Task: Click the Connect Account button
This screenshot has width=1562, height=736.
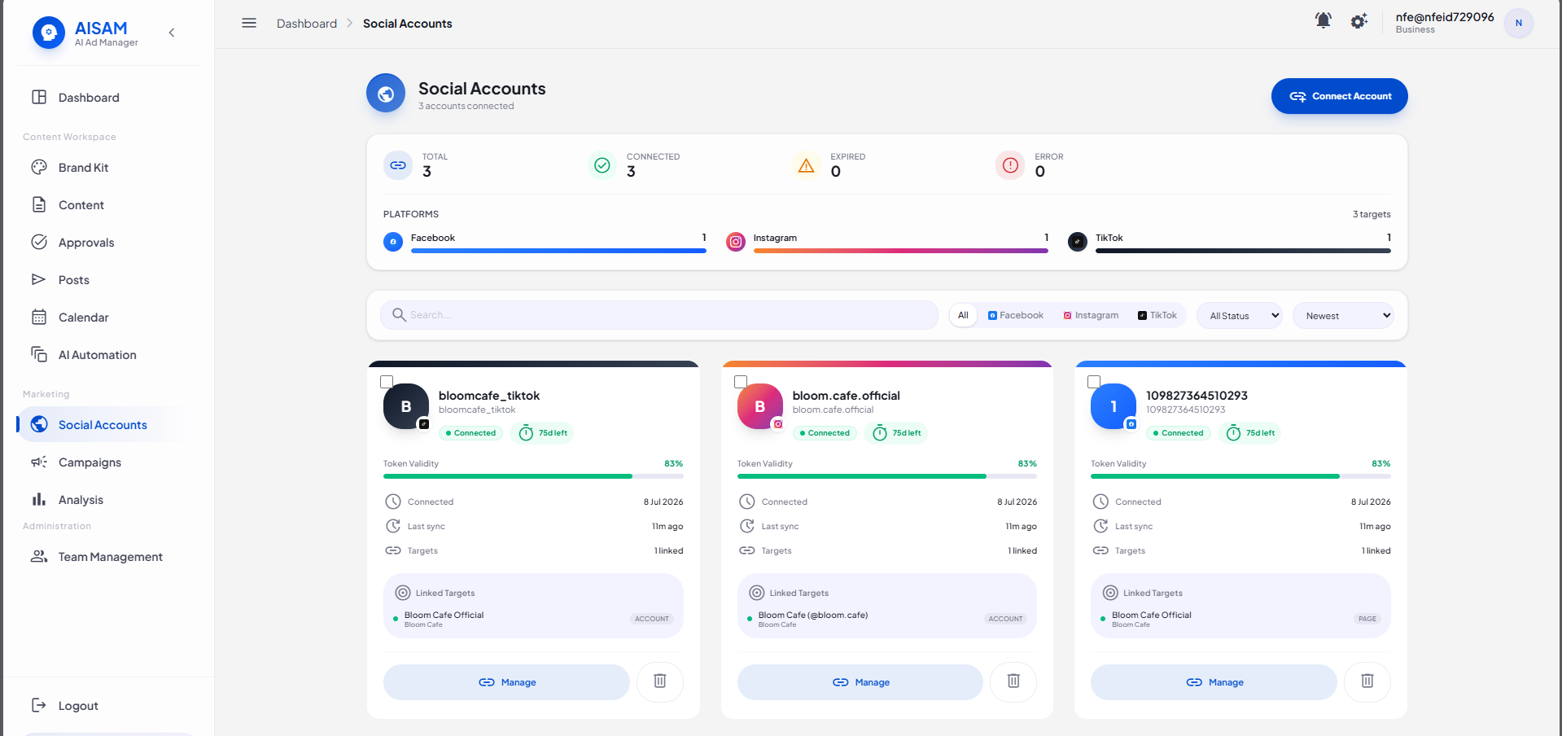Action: tap(1339, 96)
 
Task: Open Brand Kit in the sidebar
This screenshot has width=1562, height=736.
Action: tap(83, 168)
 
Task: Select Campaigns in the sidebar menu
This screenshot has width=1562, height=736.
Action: tap(90, 462)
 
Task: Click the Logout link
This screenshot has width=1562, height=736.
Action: tap(78, 706)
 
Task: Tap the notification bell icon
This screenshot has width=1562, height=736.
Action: tap(1324, 20)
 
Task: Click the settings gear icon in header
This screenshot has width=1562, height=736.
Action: tap(1359, 21)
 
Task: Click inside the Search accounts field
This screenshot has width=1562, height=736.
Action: tap(659, 315)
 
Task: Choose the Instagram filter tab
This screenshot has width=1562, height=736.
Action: tap(1091, 315)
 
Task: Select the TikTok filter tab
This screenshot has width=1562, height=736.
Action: tap(1157, 315)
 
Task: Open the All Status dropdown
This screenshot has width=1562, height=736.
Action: tap(1239, 316)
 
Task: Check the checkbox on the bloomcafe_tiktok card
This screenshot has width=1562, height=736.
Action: tap(387, 382)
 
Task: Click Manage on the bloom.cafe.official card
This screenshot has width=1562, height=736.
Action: tap(860, 682)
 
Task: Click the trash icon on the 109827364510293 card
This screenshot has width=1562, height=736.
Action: tap(1367, 681)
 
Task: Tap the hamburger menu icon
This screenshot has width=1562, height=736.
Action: tap(249, 23)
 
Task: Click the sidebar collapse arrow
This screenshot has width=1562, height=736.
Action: tap(172, 33)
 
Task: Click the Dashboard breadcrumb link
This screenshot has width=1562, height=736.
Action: tap(307, 24)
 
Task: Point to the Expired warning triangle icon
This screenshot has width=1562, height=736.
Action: tap(806, 165)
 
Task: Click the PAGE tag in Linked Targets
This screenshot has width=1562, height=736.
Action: tap(1367, 619)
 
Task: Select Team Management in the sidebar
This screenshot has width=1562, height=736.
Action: tap(110, 557)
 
